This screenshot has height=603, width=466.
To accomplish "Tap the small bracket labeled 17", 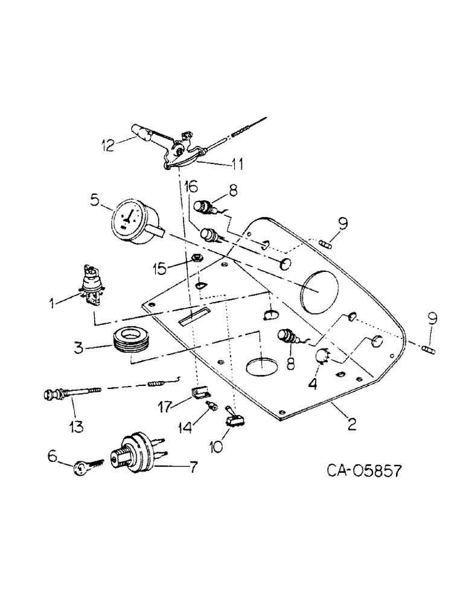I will [x=195, y=393].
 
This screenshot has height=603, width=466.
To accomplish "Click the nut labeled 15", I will [x=196, y=259].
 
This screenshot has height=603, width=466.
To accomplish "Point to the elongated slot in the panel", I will [x=195, y=315].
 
